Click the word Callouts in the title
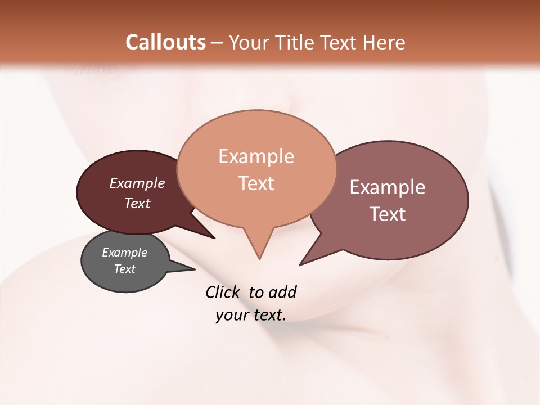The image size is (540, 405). click(165, 42)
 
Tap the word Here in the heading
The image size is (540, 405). click(384, 42)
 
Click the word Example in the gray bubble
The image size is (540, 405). click(124, 253)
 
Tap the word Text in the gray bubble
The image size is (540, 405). click(124, 269)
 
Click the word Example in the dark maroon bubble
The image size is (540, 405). click(137, 183)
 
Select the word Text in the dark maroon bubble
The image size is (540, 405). click(137, 203)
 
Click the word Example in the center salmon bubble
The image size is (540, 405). click(256, 156)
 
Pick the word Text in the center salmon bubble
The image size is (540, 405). click(256, 183)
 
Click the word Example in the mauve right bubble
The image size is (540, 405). click(388, 187)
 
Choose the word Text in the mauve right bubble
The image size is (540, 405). click(388, 214)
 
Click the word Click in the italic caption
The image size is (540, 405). click(223, 292)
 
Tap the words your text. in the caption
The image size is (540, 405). click(251, 316)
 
